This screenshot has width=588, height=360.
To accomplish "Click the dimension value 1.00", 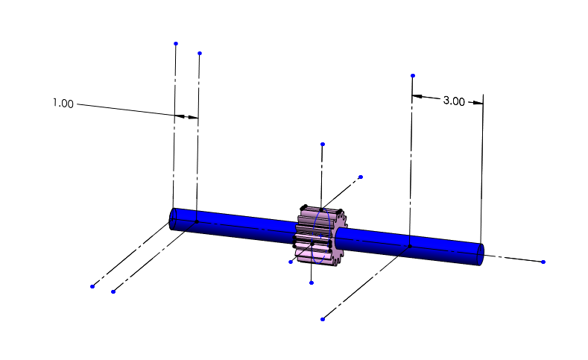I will click(63, 104).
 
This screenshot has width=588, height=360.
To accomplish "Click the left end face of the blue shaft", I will click(173, 219).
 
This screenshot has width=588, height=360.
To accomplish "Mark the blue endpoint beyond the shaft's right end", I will click(543, 262).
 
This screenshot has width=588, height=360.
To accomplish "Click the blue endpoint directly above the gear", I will click(322, 144).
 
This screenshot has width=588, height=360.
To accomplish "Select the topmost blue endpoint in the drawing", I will click(176, 43).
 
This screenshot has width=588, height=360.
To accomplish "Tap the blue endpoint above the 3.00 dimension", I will click(413, 75).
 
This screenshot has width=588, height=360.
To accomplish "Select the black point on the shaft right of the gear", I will click(410, 246).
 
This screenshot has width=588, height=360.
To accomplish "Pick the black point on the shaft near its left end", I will click(197, 221).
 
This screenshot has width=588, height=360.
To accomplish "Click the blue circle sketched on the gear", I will click(322, 236).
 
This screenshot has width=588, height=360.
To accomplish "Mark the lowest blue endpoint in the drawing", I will click(322, 319).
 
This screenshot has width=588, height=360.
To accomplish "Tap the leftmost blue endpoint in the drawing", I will click(92, 286).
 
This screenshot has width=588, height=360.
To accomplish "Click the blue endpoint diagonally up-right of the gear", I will click(361, 177).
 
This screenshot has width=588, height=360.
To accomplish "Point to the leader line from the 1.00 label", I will click(127, 110).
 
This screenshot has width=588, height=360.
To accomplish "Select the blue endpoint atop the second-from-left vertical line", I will click(200, 53).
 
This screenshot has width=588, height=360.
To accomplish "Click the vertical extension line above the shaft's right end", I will click(483, 171).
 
